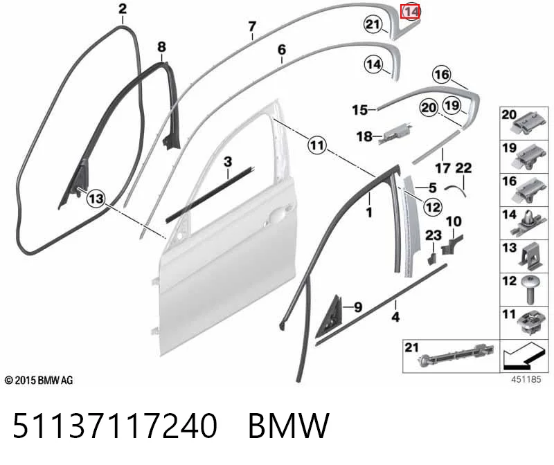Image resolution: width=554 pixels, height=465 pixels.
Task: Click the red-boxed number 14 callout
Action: (x=410, y=12)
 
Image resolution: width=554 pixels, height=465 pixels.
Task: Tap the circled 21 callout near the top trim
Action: (x=373, y=24)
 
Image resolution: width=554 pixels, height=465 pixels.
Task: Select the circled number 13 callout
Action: (x=96, y=198)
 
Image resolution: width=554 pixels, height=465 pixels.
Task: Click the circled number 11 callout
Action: (x=317, y=145)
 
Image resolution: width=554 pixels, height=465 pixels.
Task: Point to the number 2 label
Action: (x=123, y=8)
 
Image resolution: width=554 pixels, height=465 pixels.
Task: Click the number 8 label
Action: (x=161, y=46)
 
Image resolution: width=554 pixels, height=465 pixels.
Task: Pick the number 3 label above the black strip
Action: (x=228, y=162)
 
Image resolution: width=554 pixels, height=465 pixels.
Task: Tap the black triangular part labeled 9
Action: (x=330, y=315)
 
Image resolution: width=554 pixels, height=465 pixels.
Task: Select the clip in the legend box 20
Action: (x=526, y=125)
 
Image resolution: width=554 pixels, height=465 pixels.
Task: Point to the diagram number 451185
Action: (x=526, y=379)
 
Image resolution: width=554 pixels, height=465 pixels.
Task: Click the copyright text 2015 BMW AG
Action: (x=39, y=381)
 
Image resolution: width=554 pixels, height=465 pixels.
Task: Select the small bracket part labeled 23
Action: (x=431, y=259)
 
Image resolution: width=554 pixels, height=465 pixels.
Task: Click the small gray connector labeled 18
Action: (x=395, y=134)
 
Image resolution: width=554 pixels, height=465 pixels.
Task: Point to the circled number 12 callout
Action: (x=434, y=206)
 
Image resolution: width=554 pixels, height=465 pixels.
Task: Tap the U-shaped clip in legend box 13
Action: (x=528, y=256)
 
